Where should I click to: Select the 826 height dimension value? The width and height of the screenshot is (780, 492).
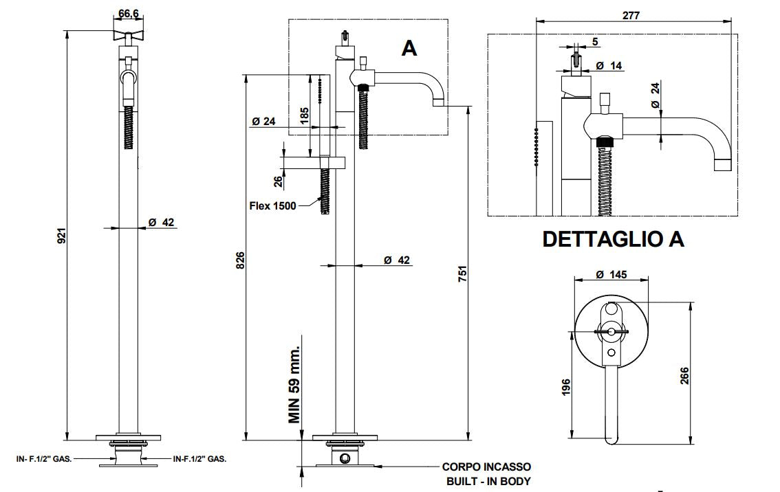pyautogui.click(x=240, y=260)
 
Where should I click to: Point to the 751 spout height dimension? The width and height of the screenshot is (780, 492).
pyautogui.click(x=463, y=273)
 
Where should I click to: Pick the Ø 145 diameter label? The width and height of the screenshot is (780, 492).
pyautogui.click(x=611, y=274)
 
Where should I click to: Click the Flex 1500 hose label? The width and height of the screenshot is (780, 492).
pyautogui.click(x=273, y=205)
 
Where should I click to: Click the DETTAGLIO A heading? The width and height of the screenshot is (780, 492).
pyautogui.click(x=613, y=238)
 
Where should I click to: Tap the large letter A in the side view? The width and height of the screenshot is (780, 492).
pyautogui.click(x=409, y=48)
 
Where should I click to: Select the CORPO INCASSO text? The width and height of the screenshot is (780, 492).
pyautogui.click(x=486, y=467)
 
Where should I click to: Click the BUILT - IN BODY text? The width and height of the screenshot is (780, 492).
pyautogui.click(x=488, y=482)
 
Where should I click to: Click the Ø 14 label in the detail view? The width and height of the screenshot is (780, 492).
pyautogui.click(x=608, y=65)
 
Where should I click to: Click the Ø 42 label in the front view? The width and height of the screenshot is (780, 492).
pyautogui.click(x=162, y=223)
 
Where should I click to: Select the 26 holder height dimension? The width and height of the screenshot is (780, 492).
pyautogui.click(x=277, y=181)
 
